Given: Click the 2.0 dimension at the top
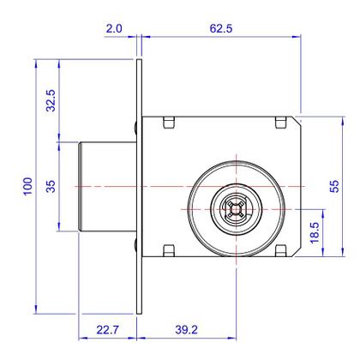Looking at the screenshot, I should pyautogui.click(x=114, y=29).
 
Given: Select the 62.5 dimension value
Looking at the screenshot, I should pyautogui.click(x=220, y=29).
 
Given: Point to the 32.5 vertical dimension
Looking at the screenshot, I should pyautogui.click(x=51, y=100).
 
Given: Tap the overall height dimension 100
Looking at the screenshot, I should pyautogui.click(x=28, y=186).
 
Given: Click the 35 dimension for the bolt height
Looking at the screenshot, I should pyautogui.click(x=51, y=186).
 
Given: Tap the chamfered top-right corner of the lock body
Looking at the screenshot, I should pyautogui.click(x=299, y=119).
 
